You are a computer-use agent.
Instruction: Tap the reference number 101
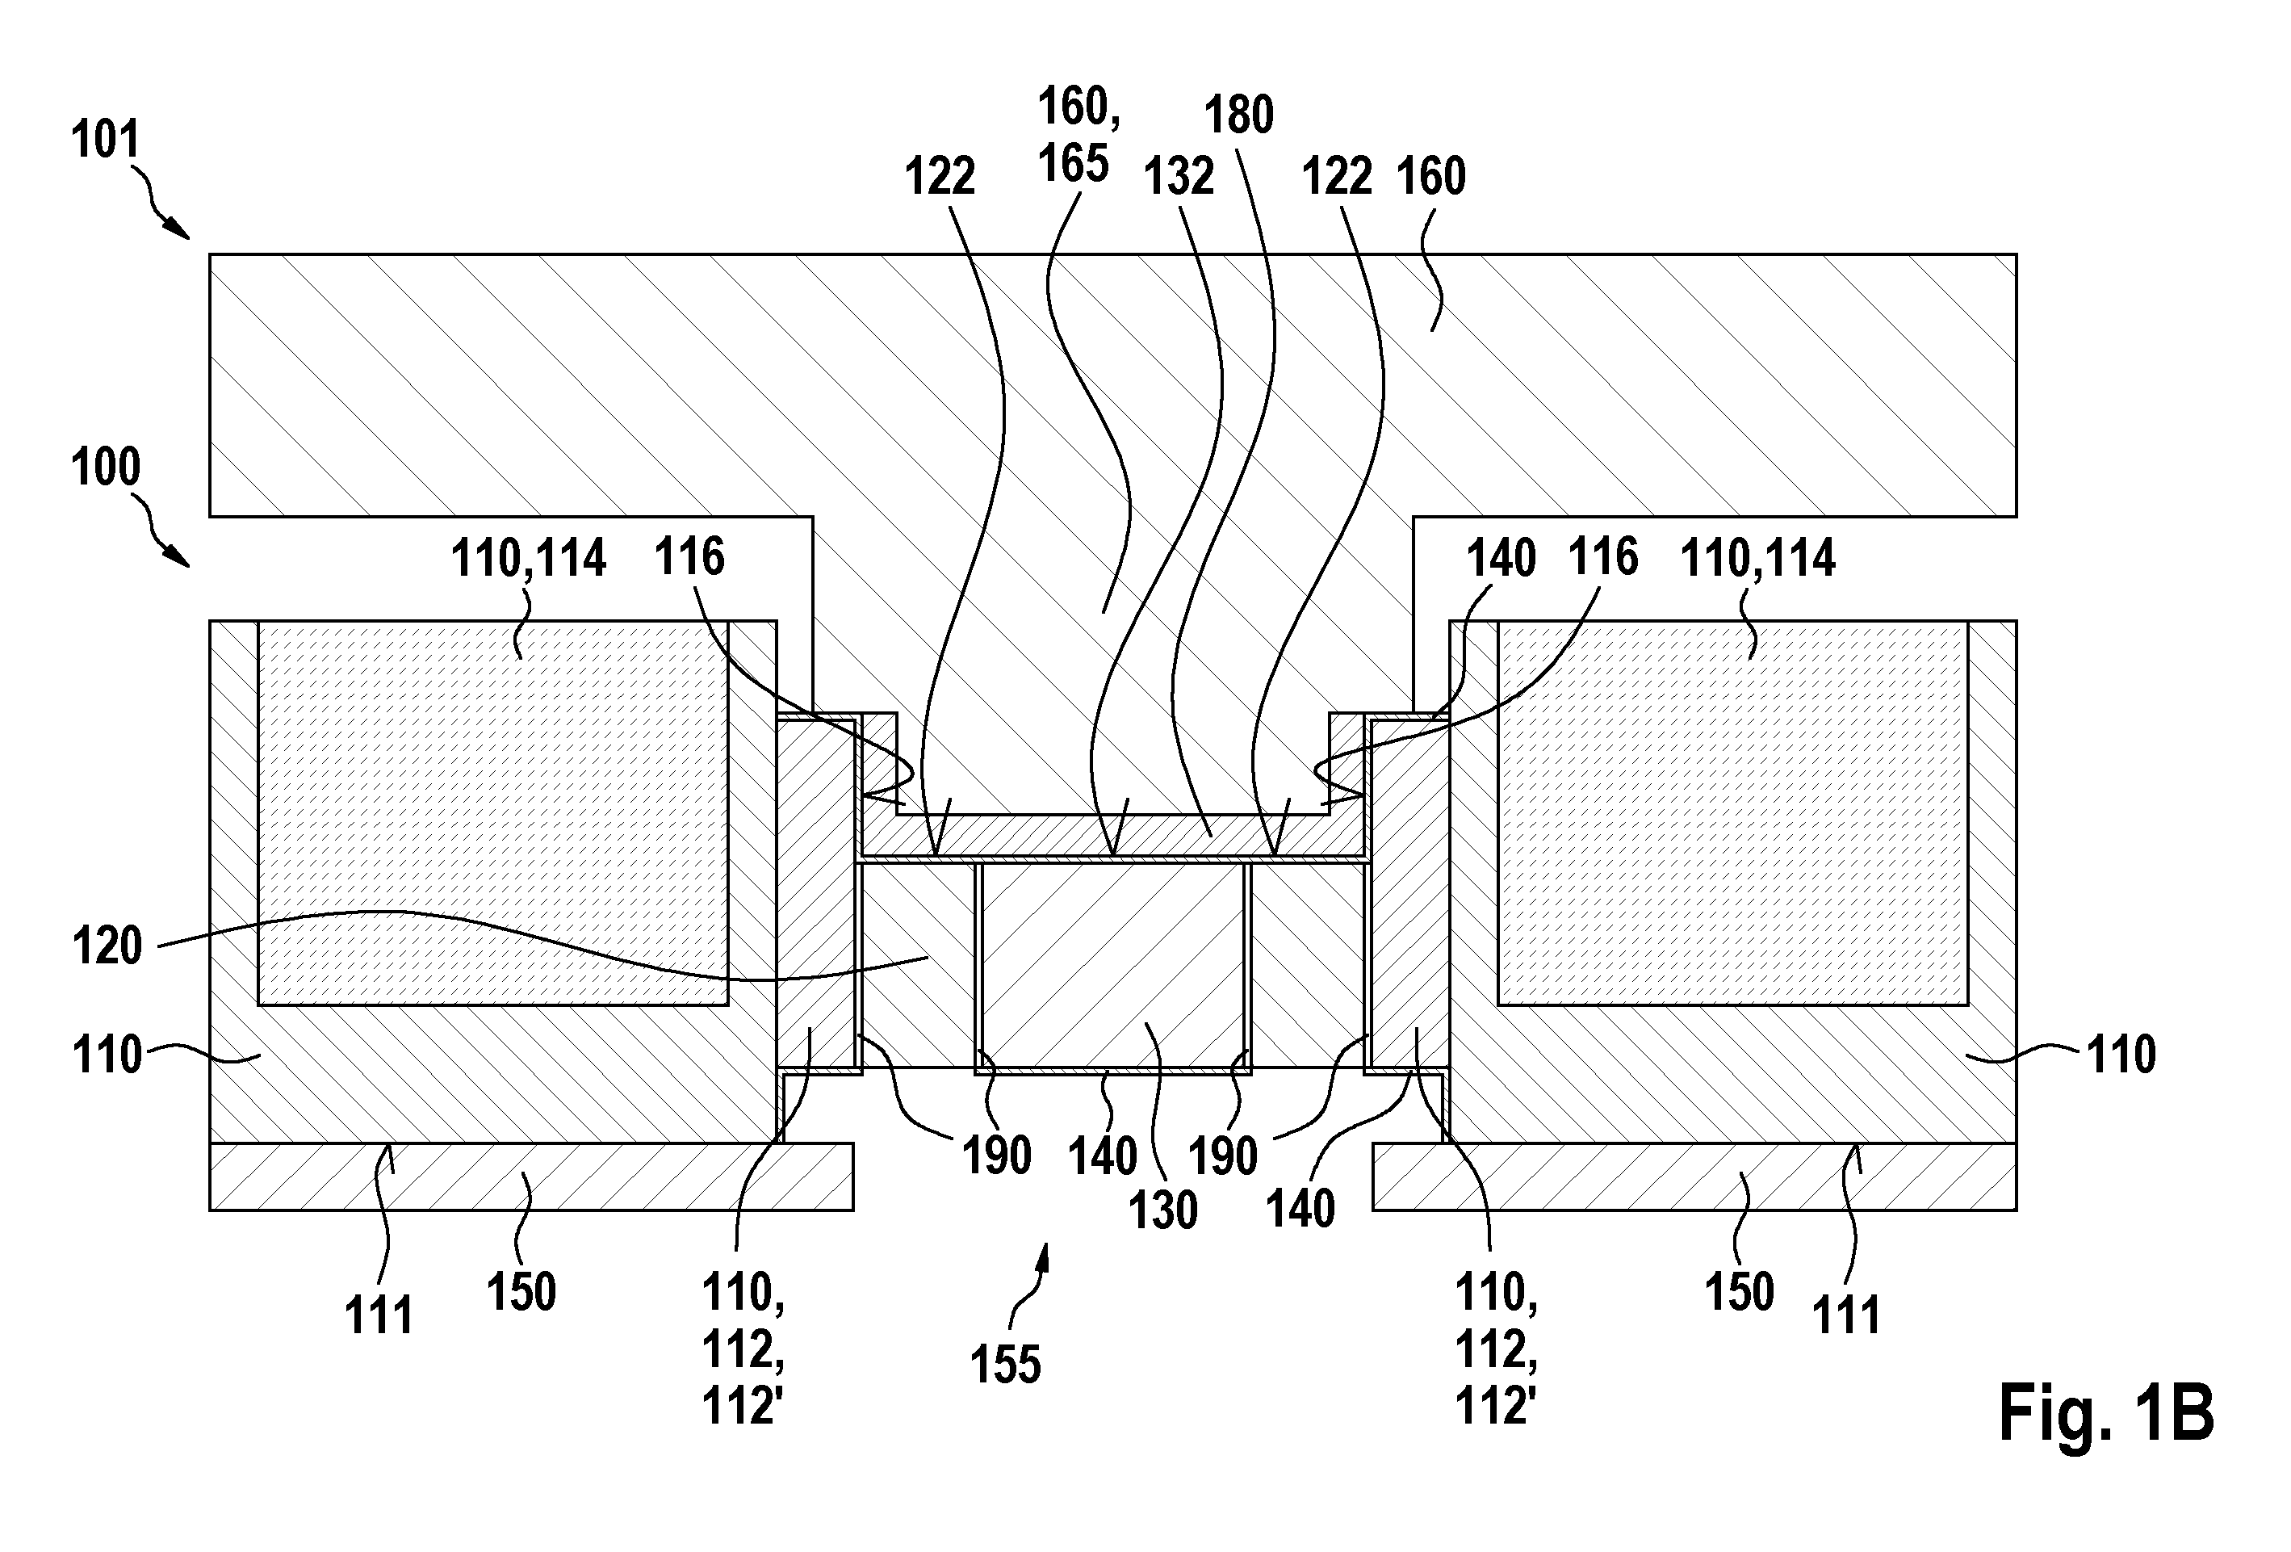tap(106, 140)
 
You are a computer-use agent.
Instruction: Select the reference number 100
tap(106, 468)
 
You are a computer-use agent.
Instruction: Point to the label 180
tap(1239, 116)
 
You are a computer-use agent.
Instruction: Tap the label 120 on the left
tap(107, 946)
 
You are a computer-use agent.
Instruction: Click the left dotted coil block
tap(493, 812)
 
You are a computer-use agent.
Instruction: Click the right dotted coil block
tap(1732, 812)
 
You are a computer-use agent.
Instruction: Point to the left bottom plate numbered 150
tap(531, 1177)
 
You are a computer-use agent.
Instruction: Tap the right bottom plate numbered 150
tap(1694, 1177)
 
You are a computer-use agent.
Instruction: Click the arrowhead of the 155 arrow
tap(1046, 1246)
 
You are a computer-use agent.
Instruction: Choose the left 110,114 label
tap(529, 559)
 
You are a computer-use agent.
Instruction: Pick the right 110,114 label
tap(1757, 559)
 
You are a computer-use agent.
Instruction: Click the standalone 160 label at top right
tap(1431, 178)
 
